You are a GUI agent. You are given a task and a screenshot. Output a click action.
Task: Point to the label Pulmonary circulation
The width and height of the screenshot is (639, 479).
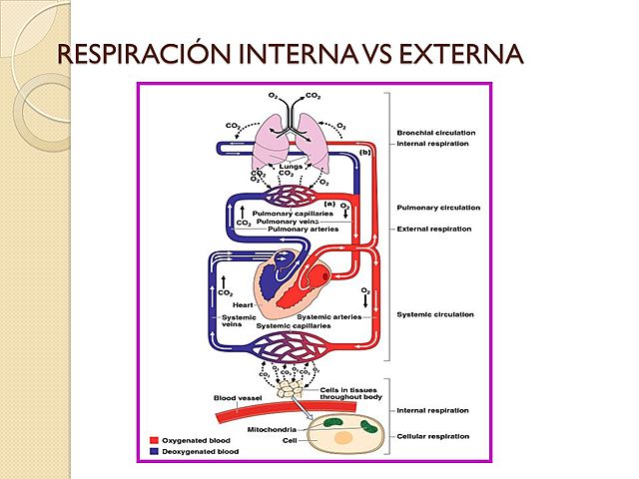click(438, 208)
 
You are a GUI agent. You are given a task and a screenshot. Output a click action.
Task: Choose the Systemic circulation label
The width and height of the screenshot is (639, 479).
click(435, 314)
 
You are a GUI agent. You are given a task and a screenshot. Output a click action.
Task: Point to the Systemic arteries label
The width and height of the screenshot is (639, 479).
click(327, 316)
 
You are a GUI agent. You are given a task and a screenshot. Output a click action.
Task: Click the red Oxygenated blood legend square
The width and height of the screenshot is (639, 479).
click(154, 439)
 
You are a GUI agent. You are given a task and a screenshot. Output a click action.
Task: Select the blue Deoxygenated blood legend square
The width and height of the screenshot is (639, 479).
click(154, 450)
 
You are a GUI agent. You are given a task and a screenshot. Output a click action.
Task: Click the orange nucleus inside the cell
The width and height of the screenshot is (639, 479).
click(343, 436)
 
